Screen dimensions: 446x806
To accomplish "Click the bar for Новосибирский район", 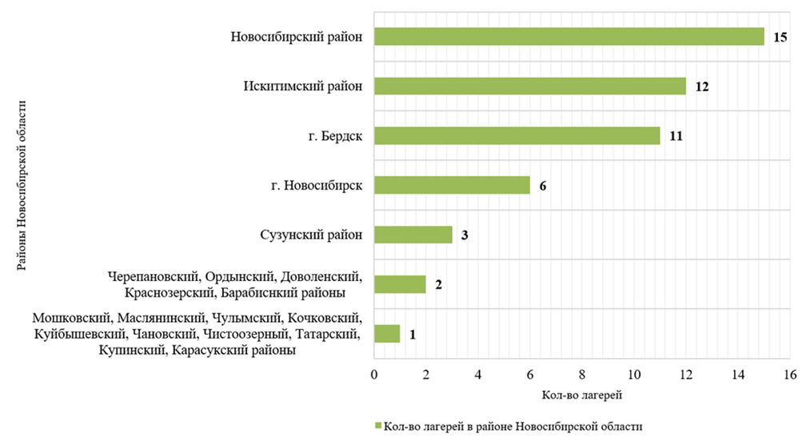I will tap(569, 37).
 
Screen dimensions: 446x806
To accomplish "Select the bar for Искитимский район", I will tap(529, 86).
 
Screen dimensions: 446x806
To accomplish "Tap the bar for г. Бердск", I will tap(517, 135).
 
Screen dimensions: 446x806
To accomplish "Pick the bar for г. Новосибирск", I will tap(452, 185).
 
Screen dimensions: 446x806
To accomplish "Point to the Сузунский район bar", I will tap(413, 235).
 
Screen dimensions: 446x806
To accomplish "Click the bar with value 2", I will tap(400, 284).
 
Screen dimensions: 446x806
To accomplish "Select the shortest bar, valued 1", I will tap(387, 334).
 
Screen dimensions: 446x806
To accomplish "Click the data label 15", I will tap(780, 38).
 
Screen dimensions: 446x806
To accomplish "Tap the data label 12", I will tap(702, 87).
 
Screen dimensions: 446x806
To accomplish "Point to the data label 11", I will tap(676, 136).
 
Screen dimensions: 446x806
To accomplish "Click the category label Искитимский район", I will tap(303, 86).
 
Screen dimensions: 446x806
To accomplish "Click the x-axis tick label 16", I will tap(790, 375).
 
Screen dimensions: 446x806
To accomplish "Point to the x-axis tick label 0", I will tap(374, 375).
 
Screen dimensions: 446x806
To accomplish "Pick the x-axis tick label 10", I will tap(634, 375).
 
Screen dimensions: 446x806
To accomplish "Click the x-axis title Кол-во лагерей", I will tap(581, 395).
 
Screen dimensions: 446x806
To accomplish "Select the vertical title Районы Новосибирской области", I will tap(23, 185).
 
